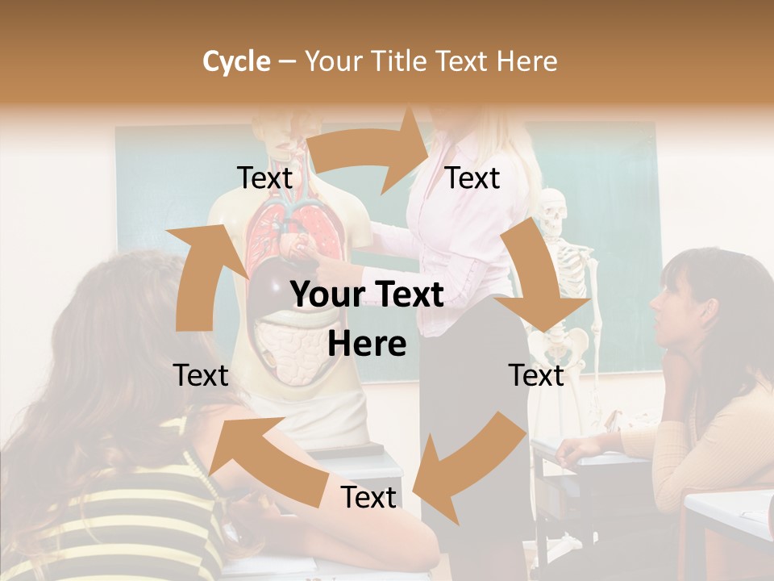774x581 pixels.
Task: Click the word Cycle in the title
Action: pos(236,61)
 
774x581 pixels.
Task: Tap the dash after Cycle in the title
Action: pos(287,62)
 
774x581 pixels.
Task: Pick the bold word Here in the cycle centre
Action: pos(366,345)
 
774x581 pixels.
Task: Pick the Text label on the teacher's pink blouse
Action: pos(472,178)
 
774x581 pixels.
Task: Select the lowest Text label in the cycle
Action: pos(368,498)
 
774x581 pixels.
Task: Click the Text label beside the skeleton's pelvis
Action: pos(536,375)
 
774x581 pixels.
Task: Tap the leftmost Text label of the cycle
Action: pos(201,375)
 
